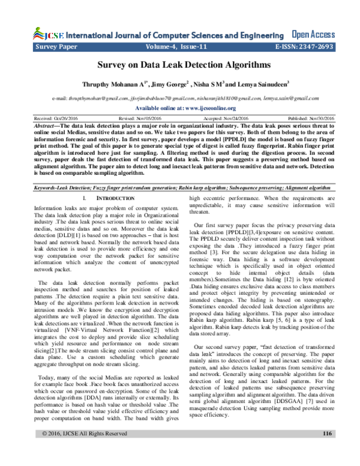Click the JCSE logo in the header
44,34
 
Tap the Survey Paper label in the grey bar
57,46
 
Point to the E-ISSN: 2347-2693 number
302,46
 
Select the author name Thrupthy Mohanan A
115,85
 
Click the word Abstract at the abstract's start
47,126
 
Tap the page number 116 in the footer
327,450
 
